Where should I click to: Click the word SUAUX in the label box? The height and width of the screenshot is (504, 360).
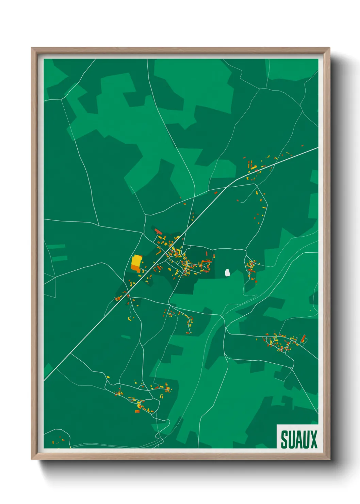pyautogui.click(x=299, y=439)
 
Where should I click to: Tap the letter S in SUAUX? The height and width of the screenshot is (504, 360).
pyautogui.click(x=284, y=439)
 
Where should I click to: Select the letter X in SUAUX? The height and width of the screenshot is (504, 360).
pyautogui.click(x=313, y=439)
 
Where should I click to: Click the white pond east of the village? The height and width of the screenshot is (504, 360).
pyautogui.click(x=228, y=272)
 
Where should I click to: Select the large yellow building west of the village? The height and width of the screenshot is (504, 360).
pyautogui.click(x=136, y=261)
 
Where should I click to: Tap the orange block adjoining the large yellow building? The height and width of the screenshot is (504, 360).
pyautogui.click(x=136, y=269)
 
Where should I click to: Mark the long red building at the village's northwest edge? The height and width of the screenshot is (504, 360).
pyautogui.click(x=159, y=232)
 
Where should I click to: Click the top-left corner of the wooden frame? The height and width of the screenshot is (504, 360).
pyautogui.click(x=32, y=48)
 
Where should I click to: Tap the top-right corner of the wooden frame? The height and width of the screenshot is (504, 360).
pyautogui.click(x=329, y=48)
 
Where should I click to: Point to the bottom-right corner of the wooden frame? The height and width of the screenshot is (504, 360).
pyautogui.click(x=329, y=459)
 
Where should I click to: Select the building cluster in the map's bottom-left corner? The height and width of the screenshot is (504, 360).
pyautogui.click(x=58, y=441)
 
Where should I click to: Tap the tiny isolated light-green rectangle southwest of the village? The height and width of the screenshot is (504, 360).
pyautogui.click(x=126, y=337)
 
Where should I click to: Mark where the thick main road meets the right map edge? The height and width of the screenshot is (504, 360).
pyautogui.click(x=317, y=148)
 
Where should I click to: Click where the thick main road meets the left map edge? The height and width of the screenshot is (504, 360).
pyautogui.click(x=45, y=380)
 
